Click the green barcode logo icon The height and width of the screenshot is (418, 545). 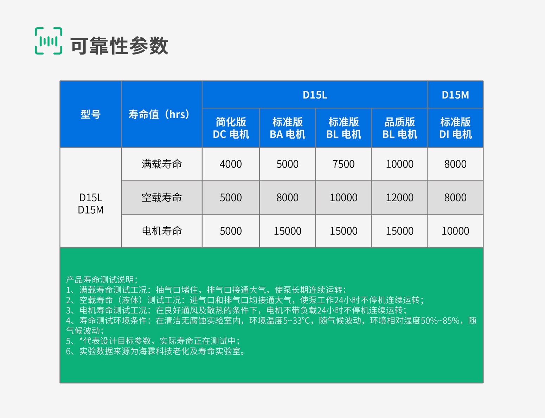(x=49, y=41)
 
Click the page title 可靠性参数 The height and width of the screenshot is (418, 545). (x=119, y=46)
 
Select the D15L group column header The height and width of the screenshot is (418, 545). (x=315, y=95)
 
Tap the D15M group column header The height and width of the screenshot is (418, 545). (x=455, y=95)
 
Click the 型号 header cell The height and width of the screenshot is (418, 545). (x=91, y=114)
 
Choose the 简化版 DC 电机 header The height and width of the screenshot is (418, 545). (x=231, y=128)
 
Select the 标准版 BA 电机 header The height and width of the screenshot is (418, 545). (x=287, y=128)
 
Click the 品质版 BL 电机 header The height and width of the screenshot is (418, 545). (x=399, y=128)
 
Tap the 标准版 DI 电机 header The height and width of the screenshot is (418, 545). (x=455, y=128)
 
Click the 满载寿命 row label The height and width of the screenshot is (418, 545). (x=162, y=164)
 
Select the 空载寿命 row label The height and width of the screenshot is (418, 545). (x=162, y=197)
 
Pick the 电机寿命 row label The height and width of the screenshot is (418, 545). (x=162, y=231)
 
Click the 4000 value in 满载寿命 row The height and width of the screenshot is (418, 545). (x=231, y=164)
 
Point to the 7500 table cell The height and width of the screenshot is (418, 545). (x=343, y=164)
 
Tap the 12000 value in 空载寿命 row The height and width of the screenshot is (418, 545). (x=399, y=197)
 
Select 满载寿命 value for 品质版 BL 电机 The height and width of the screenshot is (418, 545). (x=399, y=164)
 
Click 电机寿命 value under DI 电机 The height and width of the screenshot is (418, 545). (x=455, y=231)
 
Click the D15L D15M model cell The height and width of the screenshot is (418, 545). (x=91, y=204)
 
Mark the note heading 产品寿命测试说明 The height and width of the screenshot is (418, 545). (x=102, y=280)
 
